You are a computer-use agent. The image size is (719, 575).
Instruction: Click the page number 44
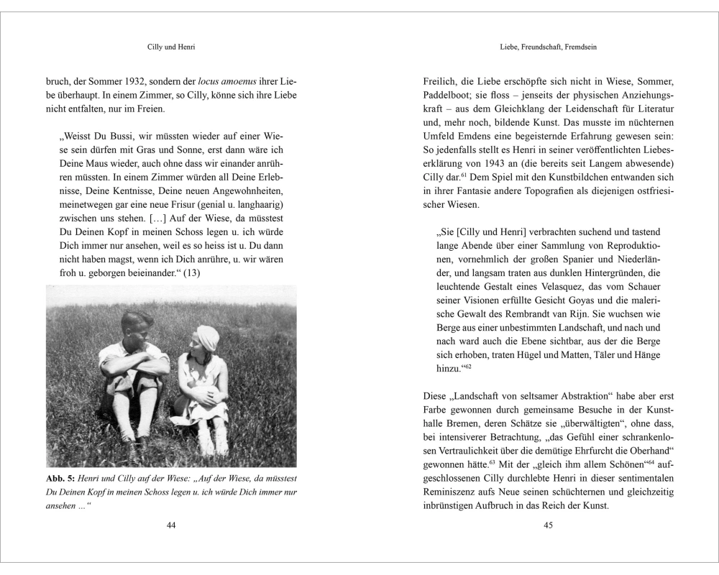point(171,525)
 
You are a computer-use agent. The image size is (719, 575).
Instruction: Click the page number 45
point(548,525)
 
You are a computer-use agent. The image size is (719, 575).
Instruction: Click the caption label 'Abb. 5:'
point(63,479)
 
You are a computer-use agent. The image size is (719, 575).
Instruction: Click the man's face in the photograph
point(137,325)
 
